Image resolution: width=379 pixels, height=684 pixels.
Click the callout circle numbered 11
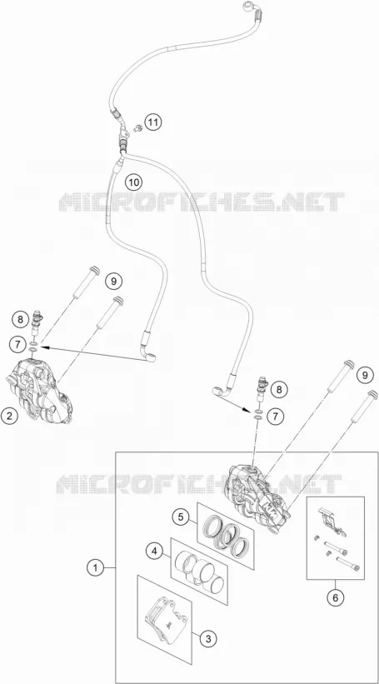point(153,122)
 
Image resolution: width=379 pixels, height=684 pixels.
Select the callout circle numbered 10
point(134,182)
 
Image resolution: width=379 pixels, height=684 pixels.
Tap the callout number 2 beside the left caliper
point(9,417)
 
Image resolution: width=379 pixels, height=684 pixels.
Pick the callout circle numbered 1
point(96,568)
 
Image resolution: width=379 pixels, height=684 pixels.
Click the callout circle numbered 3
point(208,639)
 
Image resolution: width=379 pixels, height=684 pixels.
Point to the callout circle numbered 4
point(153,552)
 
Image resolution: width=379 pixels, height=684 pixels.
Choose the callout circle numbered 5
point(180,518)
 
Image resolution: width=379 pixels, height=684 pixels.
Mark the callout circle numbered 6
point(335,597)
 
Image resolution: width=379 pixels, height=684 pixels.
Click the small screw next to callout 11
point(137,127)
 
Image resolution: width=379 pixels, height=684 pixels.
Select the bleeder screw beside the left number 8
point(37,322)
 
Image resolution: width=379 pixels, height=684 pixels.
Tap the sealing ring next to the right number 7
point(257,413)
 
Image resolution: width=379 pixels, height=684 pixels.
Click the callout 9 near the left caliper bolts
point(113,281)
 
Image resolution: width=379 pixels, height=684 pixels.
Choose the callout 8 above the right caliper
point(280,389)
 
